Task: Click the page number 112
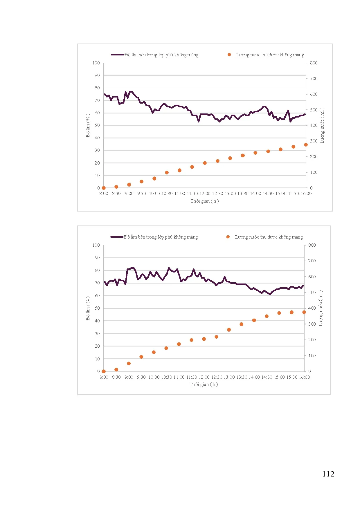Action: pos(328,474)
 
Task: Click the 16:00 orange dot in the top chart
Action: pos(306,145)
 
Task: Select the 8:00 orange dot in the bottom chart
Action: pos(104,371)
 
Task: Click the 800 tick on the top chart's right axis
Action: pos(314,63)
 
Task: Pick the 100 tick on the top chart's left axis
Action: pos(96,63)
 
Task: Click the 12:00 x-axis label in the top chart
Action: pos(205,194)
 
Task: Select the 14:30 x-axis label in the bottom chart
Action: pos(267,377)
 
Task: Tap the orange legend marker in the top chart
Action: pos(229,55)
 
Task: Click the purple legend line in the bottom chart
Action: pos(117,237)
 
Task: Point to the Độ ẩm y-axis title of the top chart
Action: pos(88,125)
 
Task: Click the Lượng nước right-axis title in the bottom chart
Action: pos(321,308)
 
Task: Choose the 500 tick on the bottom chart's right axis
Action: pos(312,293)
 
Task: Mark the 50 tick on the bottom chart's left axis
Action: pos(97,308)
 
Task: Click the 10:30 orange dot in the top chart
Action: pos(167,173)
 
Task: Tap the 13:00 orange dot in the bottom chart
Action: pos(229,330)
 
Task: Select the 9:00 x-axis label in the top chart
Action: pos(129,194)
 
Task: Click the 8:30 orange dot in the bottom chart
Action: pos(116,370)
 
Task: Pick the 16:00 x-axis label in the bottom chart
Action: pos(304,377)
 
